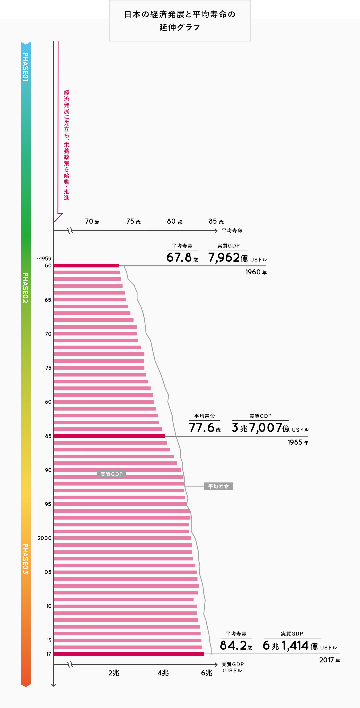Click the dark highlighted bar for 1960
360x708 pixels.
(x=86, y=266)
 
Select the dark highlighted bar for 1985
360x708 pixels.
(x=109, y=436)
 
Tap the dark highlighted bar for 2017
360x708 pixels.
(x=129, y=654)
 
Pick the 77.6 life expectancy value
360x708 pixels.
(x=201, y=428)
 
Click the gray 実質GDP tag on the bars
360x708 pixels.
(x=111, y=474)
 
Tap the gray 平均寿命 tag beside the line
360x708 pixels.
(x=218, y=486)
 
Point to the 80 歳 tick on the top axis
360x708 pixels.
(x=174, y=221)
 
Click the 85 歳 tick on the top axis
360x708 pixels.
(x=216, y=221)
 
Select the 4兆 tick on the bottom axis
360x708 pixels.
(x=163, y=673)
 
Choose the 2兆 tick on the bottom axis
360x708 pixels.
(x=114, y=673)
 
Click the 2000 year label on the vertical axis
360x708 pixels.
(x=45, y=538)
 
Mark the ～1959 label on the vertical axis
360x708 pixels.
(x=43, y=258)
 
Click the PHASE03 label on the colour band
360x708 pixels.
(x=25, y=558)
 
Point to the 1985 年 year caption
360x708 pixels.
(x=298, y=442)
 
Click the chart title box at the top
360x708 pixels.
(x=180, y=21)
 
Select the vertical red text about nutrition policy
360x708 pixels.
(x=66, y=145)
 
